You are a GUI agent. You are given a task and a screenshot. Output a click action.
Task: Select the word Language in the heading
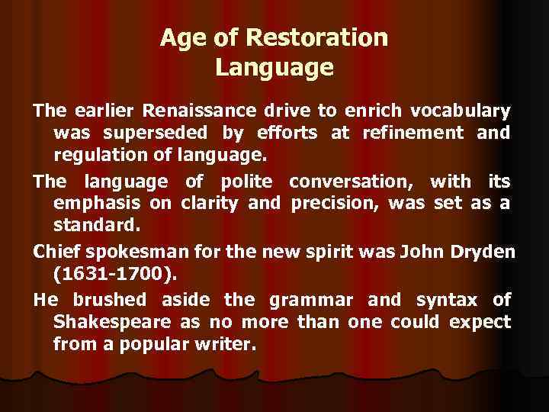274,67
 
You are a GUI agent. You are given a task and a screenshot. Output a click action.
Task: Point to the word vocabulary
463,111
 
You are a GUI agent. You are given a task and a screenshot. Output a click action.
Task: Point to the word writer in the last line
226,345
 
